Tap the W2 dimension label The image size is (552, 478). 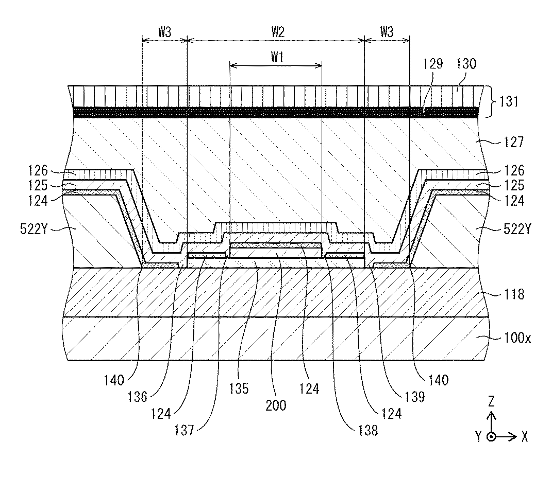pos(277,32)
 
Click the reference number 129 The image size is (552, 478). pos(436,64)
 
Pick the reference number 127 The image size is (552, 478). pos(513,141)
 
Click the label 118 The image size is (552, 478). pos(513,294)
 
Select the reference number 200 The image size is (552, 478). pos(277,405)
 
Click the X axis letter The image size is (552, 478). pos(524,437)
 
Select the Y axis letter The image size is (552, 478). pos(478,437)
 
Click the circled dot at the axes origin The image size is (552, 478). pos(492,437)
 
